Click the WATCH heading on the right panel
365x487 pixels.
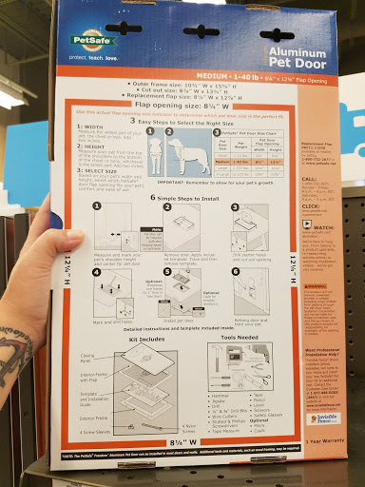(310, 226)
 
